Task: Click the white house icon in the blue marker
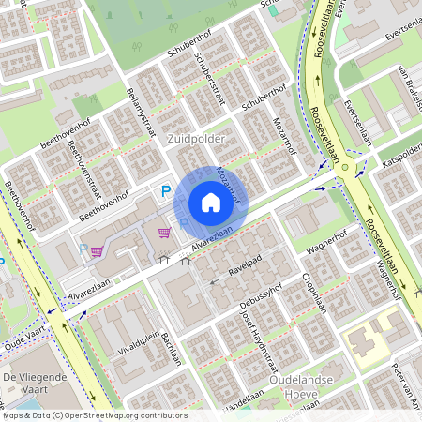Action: (x=211, y=203)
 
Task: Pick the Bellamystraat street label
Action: (x=141, y=113)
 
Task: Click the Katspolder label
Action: (x=401, y=158)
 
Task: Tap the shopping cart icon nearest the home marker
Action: (x=165, y=233)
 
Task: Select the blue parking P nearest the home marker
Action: (x=166, y=191)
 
